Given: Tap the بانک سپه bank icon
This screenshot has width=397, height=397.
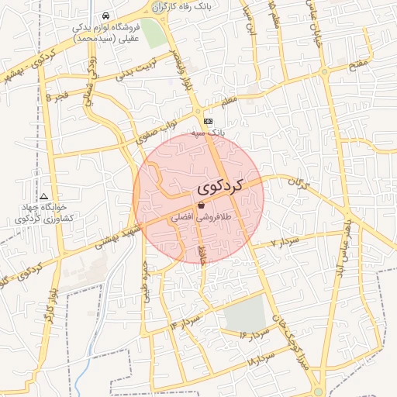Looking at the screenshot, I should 208,121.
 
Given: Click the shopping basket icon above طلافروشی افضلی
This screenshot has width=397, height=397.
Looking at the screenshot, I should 202,205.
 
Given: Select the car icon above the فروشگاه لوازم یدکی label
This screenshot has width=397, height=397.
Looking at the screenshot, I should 105,16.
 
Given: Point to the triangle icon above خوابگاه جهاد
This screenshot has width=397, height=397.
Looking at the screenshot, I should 44,197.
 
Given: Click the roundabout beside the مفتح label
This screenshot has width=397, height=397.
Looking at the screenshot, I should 323,72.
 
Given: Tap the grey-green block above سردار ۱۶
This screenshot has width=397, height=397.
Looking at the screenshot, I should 245,313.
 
